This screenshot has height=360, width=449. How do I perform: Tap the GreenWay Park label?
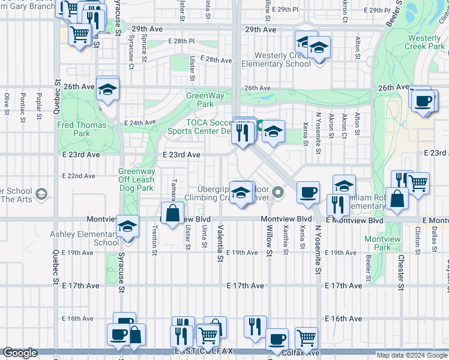tap(200, 99)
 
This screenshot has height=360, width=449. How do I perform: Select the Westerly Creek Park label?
tap(424, 42)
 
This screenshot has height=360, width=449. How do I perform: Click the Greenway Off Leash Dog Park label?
tap(136, 179)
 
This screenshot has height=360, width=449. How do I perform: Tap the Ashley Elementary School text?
tap(97, 238)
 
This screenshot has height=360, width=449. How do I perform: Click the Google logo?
tap(20, 353)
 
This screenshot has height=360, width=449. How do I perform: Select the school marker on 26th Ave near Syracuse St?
tap(107, 89)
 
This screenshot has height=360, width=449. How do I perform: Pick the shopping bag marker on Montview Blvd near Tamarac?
tap(172, 213)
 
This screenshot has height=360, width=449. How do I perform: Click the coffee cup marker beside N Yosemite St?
tap(308, 192)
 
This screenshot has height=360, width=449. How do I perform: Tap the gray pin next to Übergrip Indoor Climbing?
tap(277, 193)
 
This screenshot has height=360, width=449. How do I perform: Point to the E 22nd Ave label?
tap(79, 176)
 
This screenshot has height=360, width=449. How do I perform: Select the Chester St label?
tap(400, 270)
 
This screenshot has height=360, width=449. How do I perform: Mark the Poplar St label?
tap(38, 103)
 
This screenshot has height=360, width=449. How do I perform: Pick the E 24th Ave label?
tap(140, 122)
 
